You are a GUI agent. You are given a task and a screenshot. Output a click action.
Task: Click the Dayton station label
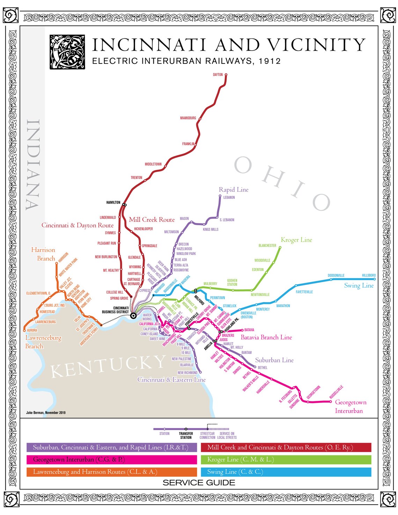pos(218,75)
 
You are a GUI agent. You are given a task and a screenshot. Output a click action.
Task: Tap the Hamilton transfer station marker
pos(124,205)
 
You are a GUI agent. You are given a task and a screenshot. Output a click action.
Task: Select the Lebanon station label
pos(229,198)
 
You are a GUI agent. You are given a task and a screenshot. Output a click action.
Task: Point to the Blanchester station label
pos(267,246)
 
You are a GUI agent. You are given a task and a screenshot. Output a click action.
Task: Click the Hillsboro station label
pos(369,275)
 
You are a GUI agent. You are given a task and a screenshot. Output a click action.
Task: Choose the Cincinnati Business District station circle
pos(133,316)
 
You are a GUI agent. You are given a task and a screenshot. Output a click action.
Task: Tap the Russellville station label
pos(337,392)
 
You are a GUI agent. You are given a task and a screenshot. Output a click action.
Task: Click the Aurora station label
pos(32,330)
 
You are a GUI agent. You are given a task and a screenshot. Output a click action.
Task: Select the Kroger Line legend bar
pos(286,459)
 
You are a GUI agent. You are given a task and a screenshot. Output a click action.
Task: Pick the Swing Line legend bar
pos(286,472)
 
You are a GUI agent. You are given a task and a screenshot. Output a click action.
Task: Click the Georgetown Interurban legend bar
pos(112,459)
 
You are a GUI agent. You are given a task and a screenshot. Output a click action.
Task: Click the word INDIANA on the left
pos(33,164)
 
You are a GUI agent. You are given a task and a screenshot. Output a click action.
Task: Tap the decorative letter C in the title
pos(67,52)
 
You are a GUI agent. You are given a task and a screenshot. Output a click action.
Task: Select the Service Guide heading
pos(199,483)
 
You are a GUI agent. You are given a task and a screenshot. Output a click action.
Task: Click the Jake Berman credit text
pos(46,413)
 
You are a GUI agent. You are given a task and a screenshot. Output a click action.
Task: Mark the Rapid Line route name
pos(234,190)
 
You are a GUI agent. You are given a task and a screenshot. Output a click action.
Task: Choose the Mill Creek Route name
pos(152,220)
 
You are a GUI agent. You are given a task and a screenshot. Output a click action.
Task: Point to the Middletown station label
pos(153,164)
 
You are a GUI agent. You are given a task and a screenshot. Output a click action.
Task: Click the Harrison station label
pos(63,258)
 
